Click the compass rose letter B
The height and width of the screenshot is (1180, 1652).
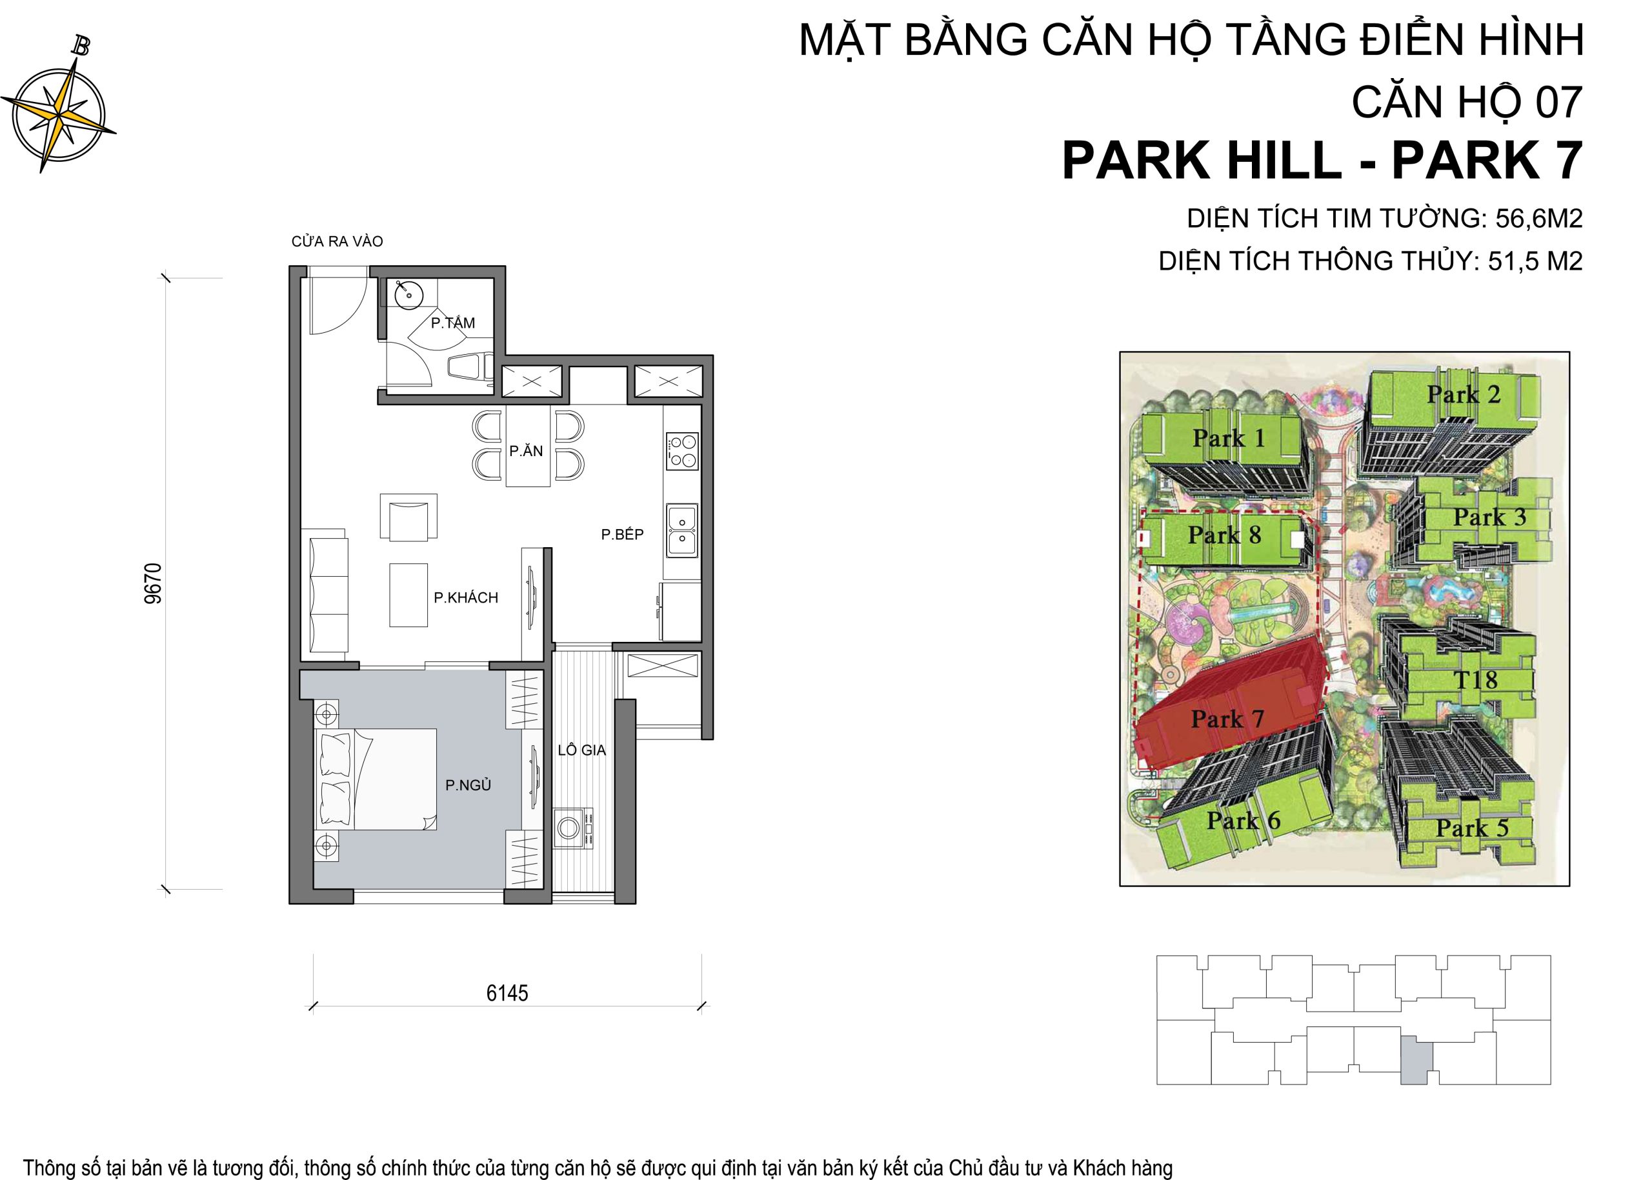coord(81,46)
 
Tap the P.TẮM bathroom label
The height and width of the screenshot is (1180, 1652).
coord(453,323)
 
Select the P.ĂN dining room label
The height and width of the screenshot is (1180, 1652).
coord(526,450)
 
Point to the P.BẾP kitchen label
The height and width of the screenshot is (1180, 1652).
coord(622,534)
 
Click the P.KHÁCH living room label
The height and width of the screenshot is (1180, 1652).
coord(466,597)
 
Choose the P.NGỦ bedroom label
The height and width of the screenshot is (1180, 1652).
coord(468,785)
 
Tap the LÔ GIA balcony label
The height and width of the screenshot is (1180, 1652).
coord(581,750)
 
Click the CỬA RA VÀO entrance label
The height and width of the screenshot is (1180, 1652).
coord(337,241)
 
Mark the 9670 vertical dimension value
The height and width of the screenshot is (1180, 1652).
coord(154,583)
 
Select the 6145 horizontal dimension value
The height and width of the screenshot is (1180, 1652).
coord(507,994)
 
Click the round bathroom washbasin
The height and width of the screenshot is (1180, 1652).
coord(408,295)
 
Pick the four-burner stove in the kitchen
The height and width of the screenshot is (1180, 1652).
coord(681,450)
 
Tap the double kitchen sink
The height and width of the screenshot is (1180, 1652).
coord(681,530)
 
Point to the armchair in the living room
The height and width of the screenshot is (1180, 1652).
coord(408,517)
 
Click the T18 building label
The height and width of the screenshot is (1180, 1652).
coord(1475,679)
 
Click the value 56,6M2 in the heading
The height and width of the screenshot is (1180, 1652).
coord(1538,218)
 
